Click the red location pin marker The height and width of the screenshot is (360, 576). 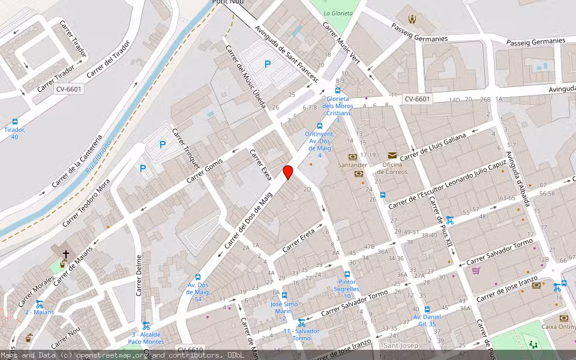(x=288, y=173)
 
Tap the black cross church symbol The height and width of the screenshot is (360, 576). (x=65, y=254)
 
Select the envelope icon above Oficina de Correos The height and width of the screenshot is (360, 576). (x=392, y=155)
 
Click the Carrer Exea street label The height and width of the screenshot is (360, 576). (x=260, y=164)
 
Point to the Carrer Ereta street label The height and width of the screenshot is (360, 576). (x=299, y=238)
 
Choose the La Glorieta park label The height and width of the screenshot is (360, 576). (x=338, y=13)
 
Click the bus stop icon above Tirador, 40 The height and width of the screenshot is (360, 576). (x=15, y=122)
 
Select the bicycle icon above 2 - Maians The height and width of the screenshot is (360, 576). (x=39, y=304)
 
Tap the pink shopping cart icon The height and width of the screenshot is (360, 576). (x=476, y=271)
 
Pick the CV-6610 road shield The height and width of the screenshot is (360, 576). (x=191, y=350)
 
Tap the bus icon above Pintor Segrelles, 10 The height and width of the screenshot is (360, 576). (x=347, y=274)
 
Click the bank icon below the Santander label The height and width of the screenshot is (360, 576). (x=359, y=173)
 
